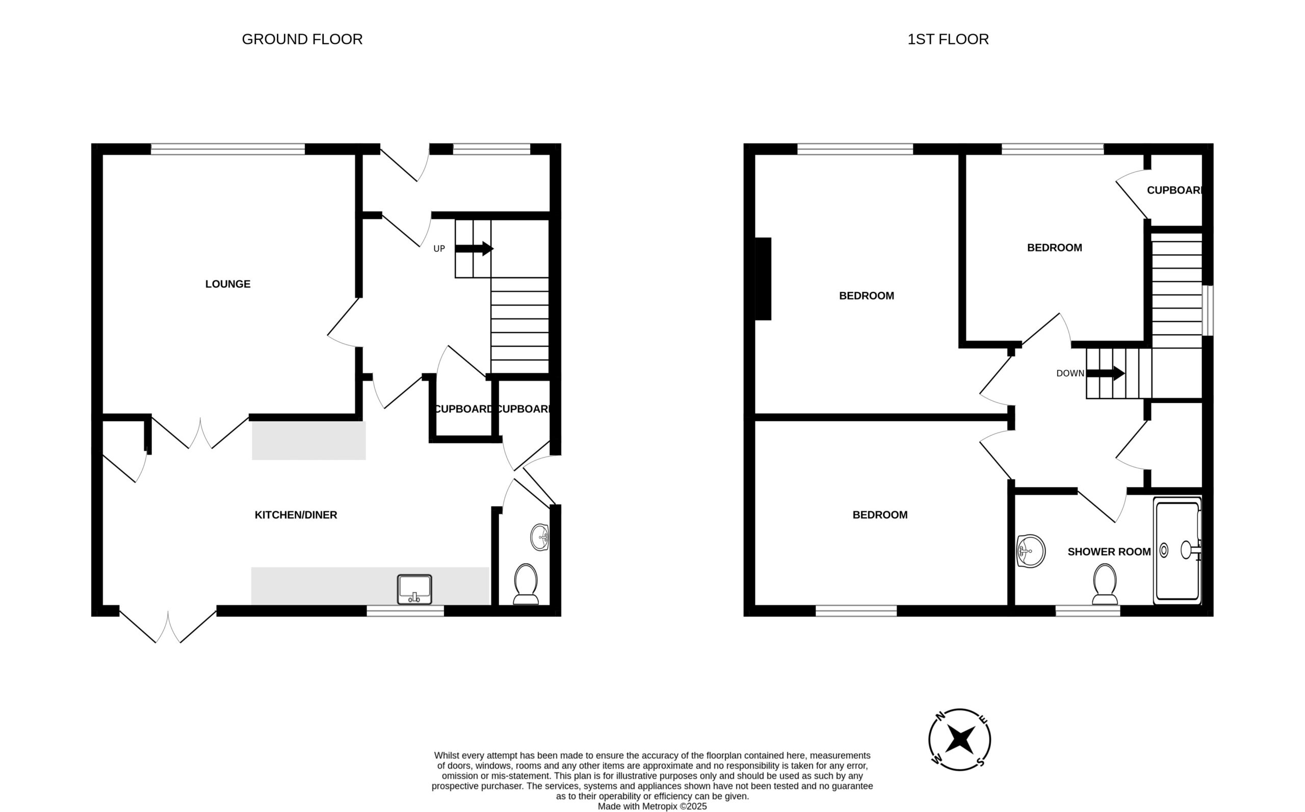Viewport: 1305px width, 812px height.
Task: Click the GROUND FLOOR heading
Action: pyautogui.click(x=302, y=39)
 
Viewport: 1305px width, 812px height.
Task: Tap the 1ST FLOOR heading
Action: pyautogui.click(x=948, y=39)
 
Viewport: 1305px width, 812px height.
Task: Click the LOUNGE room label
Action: pyautogui.click(x=228, y=284)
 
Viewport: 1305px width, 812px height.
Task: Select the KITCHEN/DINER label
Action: pyautogui.click(x=296, y=515)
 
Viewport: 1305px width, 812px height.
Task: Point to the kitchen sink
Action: pyautogui.click(x=414, y=589)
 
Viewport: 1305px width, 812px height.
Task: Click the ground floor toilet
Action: pyautogui.click(x=526, y=584)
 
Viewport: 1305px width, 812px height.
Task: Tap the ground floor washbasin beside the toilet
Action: pyautogui.click(x=539, y=537)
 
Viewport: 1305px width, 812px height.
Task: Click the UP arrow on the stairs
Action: pyautogui.click(x=474, y=249)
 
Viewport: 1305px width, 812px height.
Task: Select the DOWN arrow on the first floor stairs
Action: pyautogui.click(x=1105, y=373)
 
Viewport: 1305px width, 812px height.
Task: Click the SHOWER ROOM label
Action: pyautogui.click(x=1109, y=552)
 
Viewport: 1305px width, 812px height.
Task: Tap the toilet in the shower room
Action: pyautogui.click(x=1105, y=584)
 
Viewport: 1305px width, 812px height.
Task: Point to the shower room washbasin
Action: pyautogui.click(x=1030, y=551)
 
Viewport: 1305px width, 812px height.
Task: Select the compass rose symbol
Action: pyautogui.click(x=959, y=740)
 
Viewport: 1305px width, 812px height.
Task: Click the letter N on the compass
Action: pyautogui.click(x=940, y=716)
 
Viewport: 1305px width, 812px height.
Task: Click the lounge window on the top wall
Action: pyautogui.click(x=228, y=149)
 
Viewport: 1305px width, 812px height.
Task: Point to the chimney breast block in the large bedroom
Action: pyautogui.click(x=763, y=279)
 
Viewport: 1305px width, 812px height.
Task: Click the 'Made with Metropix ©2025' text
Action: pyautogui.click(x=652, y=806)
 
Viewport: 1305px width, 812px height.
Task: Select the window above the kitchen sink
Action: pyautogui.click(x=405, y=611)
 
